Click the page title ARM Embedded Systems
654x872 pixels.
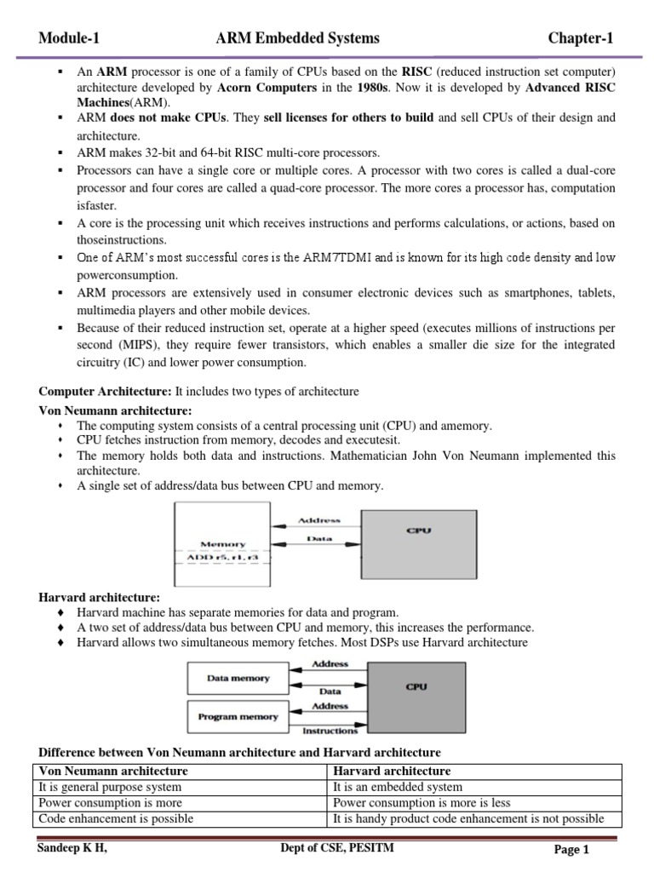(x=298, y=38)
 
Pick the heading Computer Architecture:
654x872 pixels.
(x=105, y=391)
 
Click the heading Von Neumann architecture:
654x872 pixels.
(x=115, y=410)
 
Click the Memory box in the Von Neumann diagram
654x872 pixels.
(x=222, y=543)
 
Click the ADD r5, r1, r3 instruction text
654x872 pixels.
(x=222, y=557)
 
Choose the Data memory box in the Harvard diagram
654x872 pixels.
(x=238, y=679)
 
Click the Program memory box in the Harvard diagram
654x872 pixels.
(x=238, y=717)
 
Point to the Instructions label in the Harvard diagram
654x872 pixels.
(x=330, y=731)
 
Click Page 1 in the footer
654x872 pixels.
(x=571, y=849)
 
